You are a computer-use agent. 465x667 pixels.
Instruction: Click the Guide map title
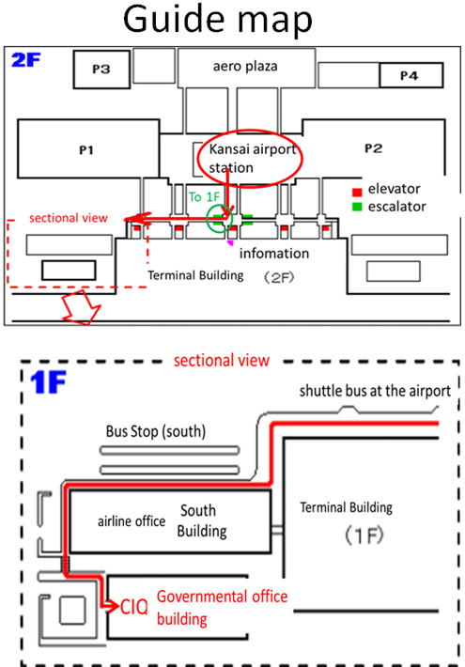click(218, 20)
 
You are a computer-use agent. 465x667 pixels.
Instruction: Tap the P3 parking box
click(101, 70)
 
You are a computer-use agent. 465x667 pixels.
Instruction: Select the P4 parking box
click(411, 75)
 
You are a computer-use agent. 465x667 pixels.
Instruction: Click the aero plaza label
click(245, 67)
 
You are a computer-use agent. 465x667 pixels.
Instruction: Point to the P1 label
click(86, 150)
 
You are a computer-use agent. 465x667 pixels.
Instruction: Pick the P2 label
click(374, 148)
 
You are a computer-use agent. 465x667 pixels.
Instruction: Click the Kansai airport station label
click(252, 158)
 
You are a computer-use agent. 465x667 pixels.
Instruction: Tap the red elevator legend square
click(357, 192)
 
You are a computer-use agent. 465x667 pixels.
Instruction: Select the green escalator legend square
click(357, 207)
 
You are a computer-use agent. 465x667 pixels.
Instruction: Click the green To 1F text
click(204, 197)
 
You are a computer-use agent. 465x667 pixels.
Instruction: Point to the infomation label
click(274, 254)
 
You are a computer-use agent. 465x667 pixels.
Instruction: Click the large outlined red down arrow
click(81, 306)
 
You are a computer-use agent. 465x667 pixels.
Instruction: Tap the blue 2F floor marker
click(26, 60)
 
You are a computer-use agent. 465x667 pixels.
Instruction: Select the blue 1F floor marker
click(48, 382)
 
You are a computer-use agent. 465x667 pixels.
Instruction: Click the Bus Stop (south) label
click(156, 431)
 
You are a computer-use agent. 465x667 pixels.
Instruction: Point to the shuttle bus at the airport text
click(375, 391)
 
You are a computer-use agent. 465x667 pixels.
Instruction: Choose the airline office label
click(132, 521)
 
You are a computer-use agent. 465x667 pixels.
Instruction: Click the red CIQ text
click(134, 607)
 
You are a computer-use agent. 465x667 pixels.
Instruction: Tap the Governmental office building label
click(222, 608)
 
